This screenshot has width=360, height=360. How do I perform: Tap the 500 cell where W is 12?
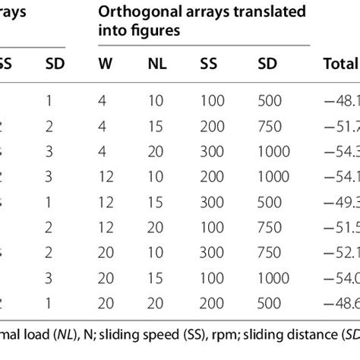click(267, 206)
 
